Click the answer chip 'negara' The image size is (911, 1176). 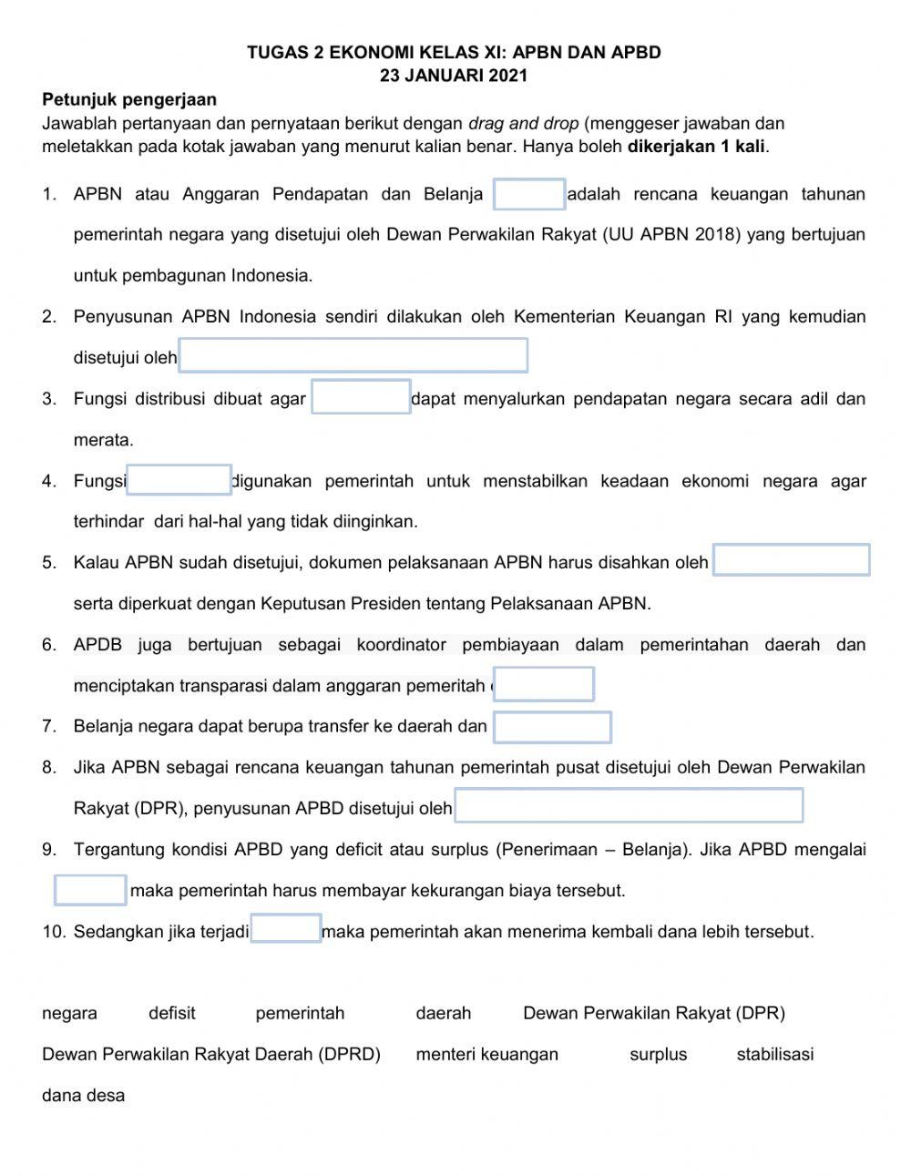69,1013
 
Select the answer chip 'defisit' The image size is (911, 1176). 172,1013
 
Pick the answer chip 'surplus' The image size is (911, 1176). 658,1054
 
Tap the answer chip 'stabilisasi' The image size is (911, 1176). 774,1054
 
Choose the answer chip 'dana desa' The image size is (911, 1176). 83,1095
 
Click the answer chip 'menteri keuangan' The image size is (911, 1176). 486,1054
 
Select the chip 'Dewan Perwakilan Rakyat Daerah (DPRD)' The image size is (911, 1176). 211,1054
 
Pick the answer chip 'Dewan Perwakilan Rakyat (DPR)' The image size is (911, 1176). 653,1013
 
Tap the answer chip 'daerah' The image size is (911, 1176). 444,1013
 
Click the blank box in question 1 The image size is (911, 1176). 529,195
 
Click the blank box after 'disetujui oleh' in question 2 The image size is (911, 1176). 353,355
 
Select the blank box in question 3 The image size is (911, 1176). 361,397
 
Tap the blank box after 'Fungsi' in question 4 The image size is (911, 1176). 179,479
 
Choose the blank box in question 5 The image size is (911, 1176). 791,560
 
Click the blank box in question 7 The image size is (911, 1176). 552,727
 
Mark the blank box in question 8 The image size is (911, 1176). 629,806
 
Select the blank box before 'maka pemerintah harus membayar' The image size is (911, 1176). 90,890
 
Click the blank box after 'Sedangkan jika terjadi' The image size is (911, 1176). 285,929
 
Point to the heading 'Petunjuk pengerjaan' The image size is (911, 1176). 129,99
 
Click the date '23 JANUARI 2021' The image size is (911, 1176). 454,77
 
